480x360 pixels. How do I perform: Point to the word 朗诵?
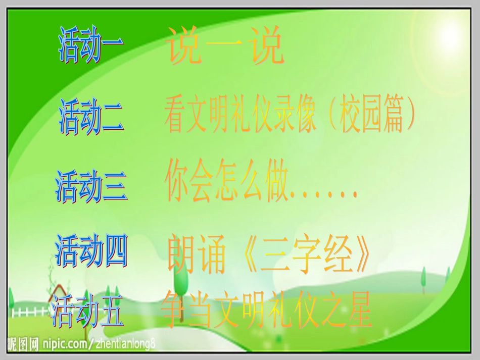[x=197, y=254]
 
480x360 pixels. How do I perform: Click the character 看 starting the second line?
[x=175, y=118]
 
